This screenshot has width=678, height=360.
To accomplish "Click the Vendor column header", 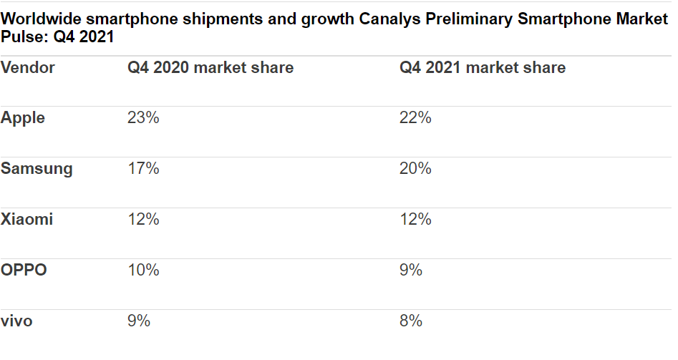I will pos(28,68).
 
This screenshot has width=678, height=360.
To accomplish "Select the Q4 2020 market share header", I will pos(210,68).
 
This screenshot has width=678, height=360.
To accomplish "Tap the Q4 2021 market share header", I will pos(482,68).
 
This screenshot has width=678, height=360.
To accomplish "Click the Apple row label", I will pos(23,118).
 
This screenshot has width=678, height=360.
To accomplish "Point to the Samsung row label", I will pos(37,169).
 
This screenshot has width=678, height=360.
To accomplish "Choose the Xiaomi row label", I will pos(27,220).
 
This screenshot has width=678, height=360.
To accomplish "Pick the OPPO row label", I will pos(24,271).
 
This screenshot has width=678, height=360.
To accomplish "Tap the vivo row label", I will pos(16,321).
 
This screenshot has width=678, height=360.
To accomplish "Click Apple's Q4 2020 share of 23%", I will pos(143,118).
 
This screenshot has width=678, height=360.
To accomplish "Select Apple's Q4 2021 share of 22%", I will pos(415,118).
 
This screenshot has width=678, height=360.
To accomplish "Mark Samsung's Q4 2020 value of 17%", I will pos(143,169).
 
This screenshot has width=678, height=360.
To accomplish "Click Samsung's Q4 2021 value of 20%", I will pos(415,169).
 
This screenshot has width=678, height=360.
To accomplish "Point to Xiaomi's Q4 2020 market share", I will pos(143,220).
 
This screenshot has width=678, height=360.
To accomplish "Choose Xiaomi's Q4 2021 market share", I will pos(415,220).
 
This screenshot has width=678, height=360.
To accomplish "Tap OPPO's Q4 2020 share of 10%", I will pos(143,271).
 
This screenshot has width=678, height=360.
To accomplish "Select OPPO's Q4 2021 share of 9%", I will pos(411,271).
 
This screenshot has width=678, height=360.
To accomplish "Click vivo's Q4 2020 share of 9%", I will pos(139,321).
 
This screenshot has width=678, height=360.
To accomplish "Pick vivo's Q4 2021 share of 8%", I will pos(411,321).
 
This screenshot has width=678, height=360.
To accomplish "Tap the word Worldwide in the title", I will pos(41,19).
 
